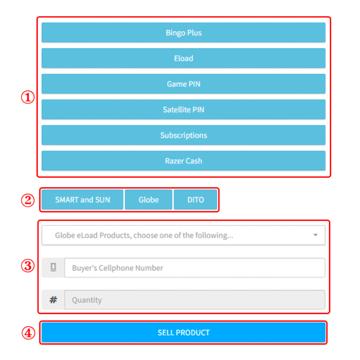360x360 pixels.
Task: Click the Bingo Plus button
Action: click(183, 33)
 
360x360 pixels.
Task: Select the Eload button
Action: click(183, 58)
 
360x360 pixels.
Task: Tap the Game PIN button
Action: click(183, 84)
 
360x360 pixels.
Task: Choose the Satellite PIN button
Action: click(183, 110)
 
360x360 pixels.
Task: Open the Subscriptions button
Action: click(183, 135)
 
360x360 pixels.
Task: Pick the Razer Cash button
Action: click(183, 161)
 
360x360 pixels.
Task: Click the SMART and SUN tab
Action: click(83, 199)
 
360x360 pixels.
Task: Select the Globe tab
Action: click(148, 199)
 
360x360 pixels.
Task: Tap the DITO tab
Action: click(196, 199)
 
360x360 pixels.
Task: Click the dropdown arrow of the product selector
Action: click(315, 235)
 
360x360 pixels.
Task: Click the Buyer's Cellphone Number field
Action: click(194, 268)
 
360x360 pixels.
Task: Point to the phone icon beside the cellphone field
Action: click(53, 268)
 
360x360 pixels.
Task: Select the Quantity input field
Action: click(194, 300)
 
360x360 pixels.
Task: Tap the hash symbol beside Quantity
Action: click(53, 300)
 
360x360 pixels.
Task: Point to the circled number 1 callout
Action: click(28, 97)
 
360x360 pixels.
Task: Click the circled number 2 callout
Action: click(28, 200)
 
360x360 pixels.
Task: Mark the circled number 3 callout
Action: click(28, 266)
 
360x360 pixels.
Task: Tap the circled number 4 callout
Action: click(28, 333)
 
